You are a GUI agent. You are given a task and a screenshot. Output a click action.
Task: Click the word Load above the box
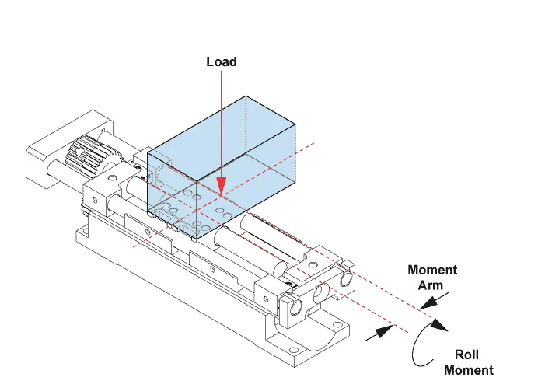tap(221, 61)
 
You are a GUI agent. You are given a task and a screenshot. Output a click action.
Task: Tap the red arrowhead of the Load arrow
tap(221, 185)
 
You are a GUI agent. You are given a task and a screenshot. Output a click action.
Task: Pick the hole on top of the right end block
tap(313, 267)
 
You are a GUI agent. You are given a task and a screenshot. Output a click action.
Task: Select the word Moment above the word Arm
tap(432, 271)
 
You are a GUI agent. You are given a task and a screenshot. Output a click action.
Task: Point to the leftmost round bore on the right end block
tap(297, 308)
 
